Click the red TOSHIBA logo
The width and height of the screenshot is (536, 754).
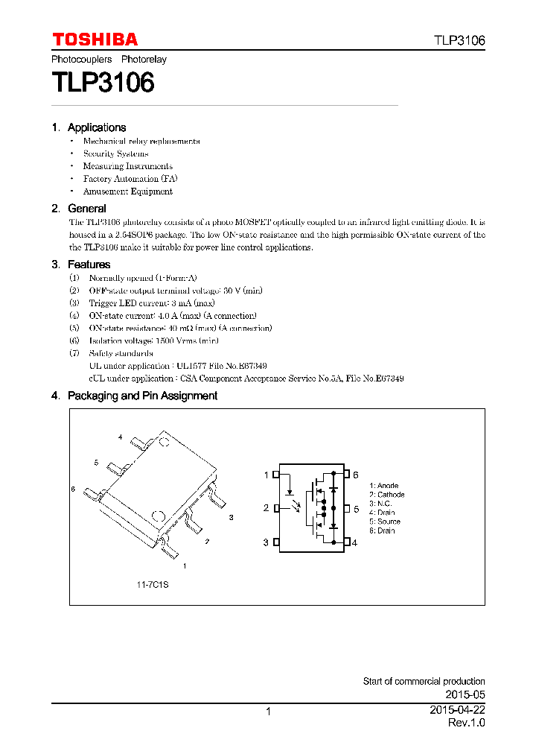95,39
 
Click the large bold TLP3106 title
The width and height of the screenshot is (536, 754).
103,82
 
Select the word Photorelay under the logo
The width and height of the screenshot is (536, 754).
144,59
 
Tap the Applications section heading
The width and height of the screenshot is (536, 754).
96,127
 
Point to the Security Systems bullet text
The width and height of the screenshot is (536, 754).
115,153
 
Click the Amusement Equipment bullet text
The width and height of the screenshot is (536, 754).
127,191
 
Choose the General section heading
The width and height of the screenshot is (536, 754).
86,209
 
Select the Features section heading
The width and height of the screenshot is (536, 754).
89,264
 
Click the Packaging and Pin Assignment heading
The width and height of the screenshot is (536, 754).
142,396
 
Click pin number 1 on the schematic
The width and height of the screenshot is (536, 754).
266,475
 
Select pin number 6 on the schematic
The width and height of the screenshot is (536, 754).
356,475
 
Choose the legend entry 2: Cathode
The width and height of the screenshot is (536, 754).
387,495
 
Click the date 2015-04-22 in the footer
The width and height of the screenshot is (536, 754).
457,711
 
